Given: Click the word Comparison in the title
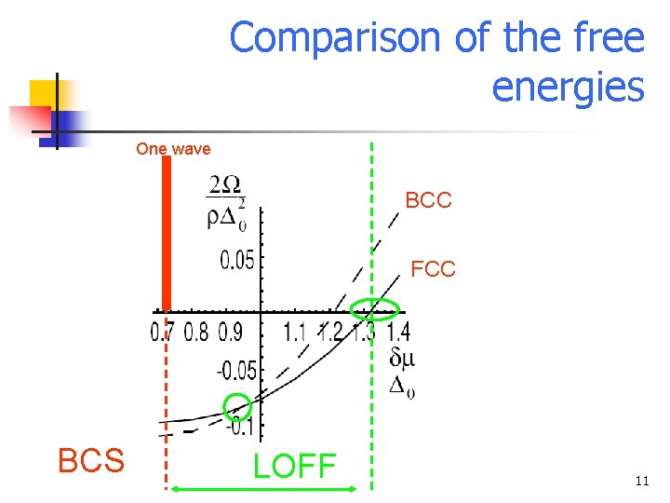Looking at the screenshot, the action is (x=335, y=38).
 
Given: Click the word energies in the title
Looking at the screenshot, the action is (x=567, y=88).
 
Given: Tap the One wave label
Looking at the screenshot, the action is (x=173, y=148).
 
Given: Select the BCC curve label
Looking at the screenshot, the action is (x=428, y=200).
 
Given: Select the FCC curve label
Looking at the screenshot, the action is (x=433, y=270).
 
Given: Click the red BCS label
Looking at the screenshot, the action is (x=91, y=460).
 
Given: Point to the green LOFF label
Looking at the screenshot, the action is (x=294, y=465).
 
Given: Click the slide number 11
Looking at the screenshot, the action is (x=640, y=482).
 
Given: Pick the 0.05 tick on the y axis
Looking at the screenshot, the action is (x=237, y=260).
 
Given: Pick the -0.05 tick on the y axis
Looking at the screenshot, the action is (x=236, y=371).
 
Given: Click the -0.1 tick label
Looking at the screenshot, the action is (x=242, y=428).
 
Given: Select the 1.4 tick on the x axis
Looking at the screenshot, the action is (x=397, y=332).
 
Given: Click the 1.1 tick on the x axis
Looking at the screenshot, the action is (x=294, y=332).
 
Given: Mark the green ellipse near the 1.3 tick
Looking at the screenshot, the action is (x=374, y=309).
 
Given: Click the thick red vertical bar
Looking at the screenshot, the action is (x=166, y=233).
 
